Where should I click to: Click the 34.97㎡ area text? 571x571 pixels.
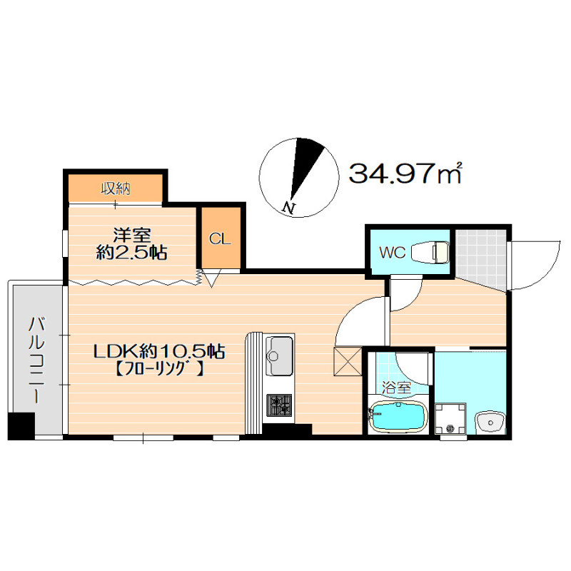[x=405, y=173]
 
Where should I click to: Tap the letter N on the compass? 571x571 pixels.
[x=289, y=207]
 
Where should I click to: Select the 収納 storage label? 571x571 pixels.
[x=116, y=188]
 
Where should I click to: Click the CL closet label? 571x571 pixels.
[x=220, y=239]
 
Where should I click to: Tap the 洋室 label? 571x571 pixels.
[x=132, y=235]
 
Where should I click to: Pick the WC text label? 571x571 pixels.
[x=392, y=252]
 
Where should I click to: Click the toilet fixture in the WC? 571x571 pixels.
[x=430, y=252]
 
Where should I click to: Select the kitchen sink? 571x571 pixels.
[x=279, y=355]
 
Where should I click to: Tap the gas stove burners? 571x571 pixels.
[x=279, y=405]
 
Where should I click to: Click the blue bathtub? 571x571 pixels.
[x=398, y=417]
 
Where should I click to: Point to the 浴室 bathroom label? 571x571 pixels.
[x=396, y=388]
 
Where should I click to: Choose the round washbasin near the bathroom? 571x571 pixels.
[x=490, y=423]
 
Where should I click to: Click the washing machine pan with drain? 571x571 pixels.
[x=450, y=418]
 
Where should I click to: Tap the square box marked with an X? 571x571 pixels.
[x=348, y=361]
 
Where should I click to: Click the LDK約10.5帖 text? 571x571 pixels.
[x=159, y=352]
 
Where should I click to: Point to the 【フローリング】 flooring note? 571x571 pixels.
[x=159, y=370]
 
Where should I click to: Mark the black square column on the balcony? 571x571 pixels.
[x=21, y=426]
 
